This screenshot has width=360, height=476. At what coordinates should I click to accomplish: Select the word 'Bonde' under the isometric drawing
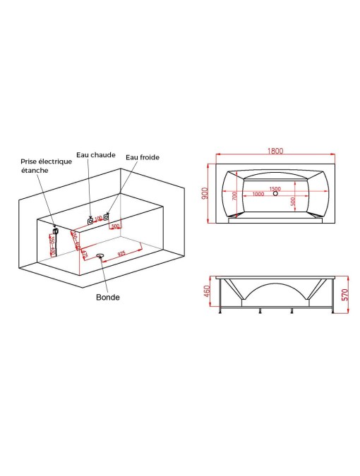pos(108,297)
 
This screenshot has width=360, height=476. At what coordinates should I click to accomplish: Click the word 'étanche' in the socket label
pos(34,170)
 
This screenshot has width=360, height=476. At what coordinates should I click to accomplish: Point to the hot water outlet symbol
pos(91,221)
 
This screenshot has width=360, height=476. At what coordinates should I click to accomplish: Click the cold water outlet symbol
pos(107,216)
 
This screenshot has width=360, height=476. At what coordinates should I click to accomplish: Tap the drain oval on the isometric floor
pos(100,255)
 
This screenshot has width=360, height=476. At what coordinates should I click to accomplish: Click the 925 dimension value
pos(121,252)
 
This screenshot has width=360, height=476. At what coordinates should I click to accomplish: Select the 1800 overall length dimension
pos(275,150)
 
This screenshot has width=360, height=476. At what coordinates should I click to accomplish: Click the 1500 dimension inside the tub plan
pos(275,189)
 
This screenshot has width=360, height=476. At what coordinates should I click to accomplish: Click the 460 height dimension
pos(207,291)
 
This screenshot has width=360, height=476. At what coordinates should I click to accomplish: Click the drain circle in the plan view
pos(275,195)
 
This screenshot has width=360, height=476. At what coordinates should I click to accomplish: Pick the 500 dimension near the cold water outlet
pos(115,226)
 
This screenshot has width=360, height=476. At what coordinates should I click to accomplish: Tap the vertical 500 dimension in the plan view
pos(293,201)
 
